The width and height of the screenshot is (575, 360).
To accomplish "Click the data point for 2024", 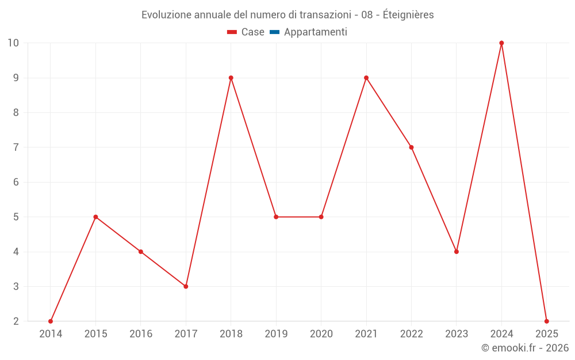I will (501, 43).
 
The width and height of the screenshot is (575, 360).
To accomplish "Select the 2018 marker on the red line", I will (231, 78).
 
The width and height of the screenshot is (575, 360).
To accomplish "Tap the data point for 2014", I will (51, 321).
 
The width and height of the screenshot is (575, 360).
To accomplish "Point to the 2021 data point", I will (366, 78).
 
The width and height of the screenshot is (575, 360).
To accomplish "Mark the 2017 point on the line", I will (186, 286).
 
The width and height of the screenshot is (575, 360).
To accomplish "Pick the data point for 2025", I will (546, 321).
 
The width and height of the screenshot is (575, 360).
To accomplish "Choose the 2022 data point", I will (411, 147).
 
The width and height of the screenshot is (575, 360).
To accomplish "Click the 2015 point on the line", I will (95, 217).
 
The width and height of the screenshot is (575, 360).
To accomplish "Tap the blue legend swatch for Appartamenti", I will (274, 32).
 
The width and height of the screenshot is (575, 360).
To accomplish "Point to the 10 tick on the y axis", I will (13, 43).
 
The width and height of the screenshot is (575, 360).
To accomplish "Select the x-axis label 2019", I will (276, 334).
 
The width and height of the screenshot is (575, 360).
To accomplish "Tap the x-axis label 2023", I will (457, 334).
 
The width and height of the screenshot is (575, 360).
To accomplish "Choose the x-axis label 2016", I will (141, 334).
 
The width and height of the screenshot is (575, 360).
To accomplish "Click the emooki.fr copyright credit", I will (525, 348).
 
